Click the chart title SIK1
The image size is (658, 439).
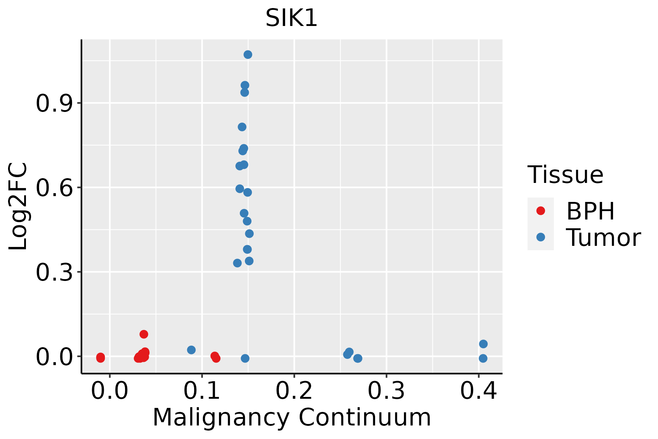pos(291,18)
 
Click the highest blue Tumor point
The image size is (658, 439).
pos(248,55)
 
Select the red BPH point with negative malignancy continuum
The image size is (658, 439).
pos(101,357)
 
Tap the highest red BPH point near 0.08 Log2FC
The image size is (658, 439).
pos(144,334)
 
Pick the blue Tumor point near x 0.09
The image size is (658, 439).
pos(191,350)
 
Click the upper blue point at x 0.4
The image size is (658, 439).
pos(483,344)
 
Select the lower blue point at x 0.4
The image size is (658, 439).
pos(483,359)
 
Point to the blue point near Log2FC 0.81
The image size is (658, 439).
pos(242,127)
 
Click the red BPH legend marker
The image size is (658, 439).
pos(540,211)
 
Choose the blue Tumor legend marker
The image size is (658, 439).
pos(540,237)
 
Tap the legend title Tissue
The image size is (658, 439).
pos(565,175)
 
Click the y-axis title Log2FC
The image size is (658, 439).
pos(18,207)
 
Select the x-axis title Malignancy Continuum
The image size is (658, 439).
pos(291,417)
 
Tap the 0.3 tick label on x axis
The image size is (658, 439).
pos(386,391)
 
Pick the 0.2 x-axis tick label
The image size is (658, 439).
pos(294,391)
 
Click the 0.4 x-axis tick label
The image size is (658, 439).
pos(478,391)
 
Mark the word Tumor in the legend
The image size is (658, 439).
pos(603,238)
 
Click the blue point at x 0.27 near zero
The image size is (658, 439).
pos(358,359)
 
